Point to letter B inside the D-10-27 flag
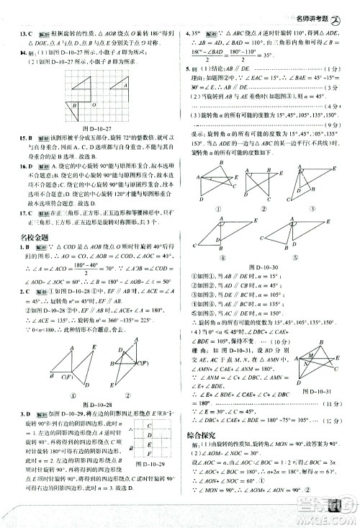point(73,104)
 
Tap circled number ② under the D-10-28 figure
point(126,394)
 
